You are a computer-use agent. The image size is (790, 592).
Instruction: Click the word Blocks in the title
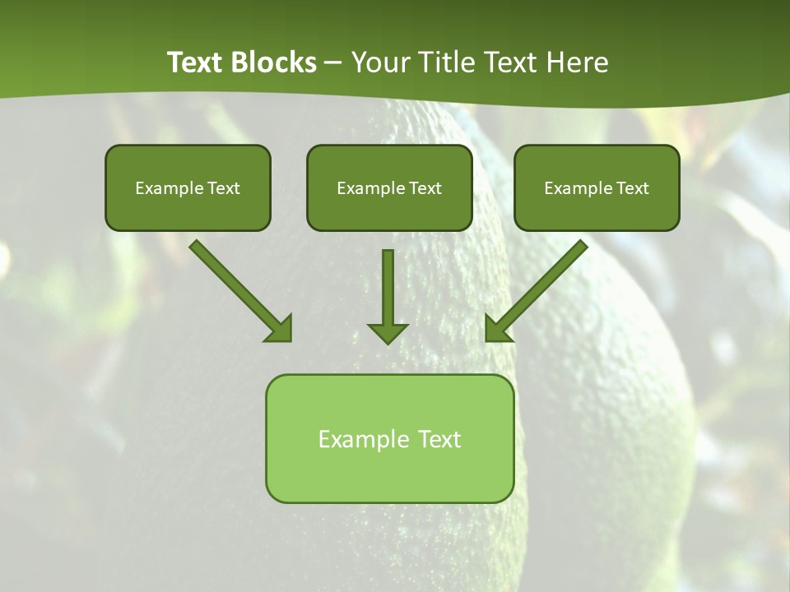(x=272, y=62)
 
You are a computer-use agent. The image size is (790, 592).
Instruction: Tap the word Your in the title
(x=381, y=62)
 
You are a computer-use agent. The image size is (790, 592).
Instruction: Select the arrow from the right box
(x=539, y=288)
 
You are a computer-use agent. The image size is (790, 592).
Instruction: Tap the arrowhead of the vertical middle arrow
(x=388, y=332)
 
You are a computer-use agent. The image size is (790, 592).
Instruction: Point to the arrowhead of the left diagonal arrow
(x=280, y=329)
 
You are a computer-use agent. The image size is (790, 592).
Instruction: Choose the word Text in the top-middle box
(x=425, y=188)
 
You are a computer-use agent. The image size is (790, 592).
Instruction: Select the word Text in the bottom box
(x=439, y=440)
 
